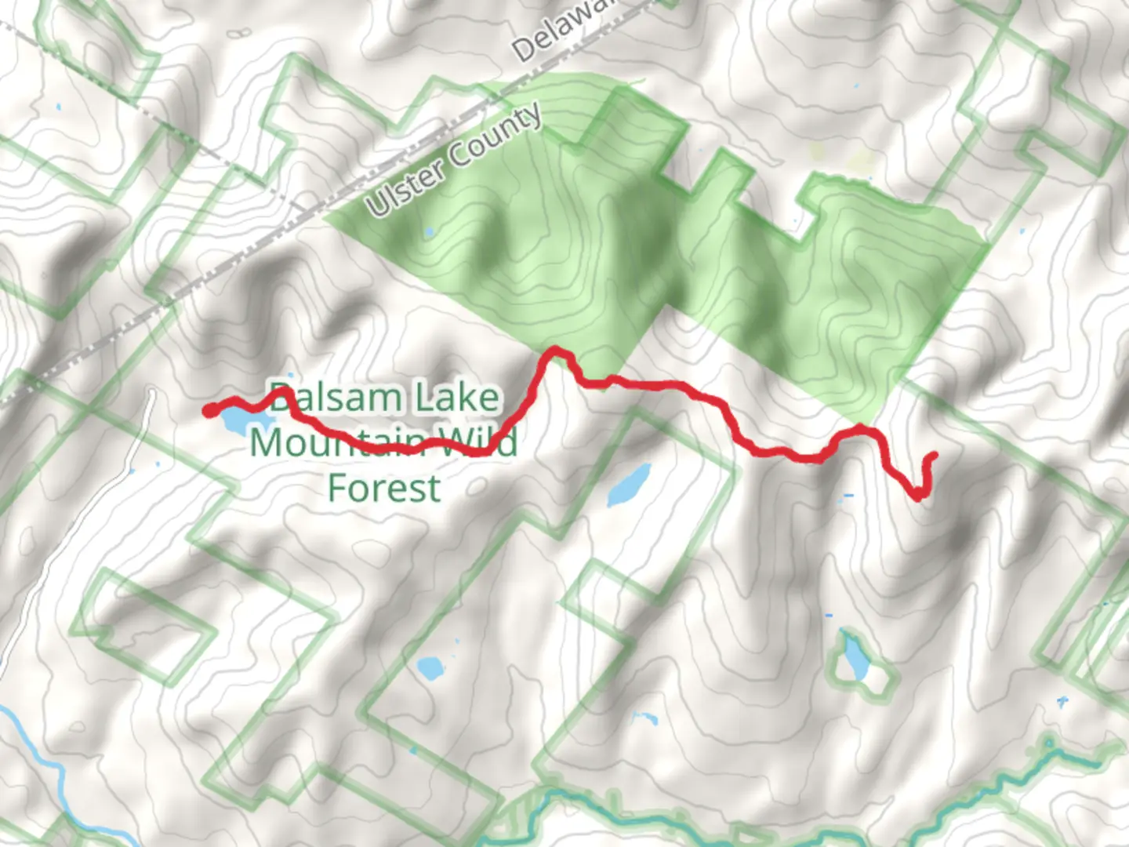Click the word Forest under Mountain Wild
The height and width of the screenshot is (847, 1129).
pyautogui.click(x=384, y=488)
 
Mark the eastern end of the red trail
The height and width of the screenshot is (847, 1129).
pyautogui.click(x=933, y=455)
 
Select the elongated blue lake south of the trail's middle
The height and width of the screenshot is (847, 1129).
pyautogui.click(x=630, y=485)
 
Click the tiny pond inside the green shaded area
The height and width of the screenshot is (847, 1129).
pyautogui.click(x=429, y=232)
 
